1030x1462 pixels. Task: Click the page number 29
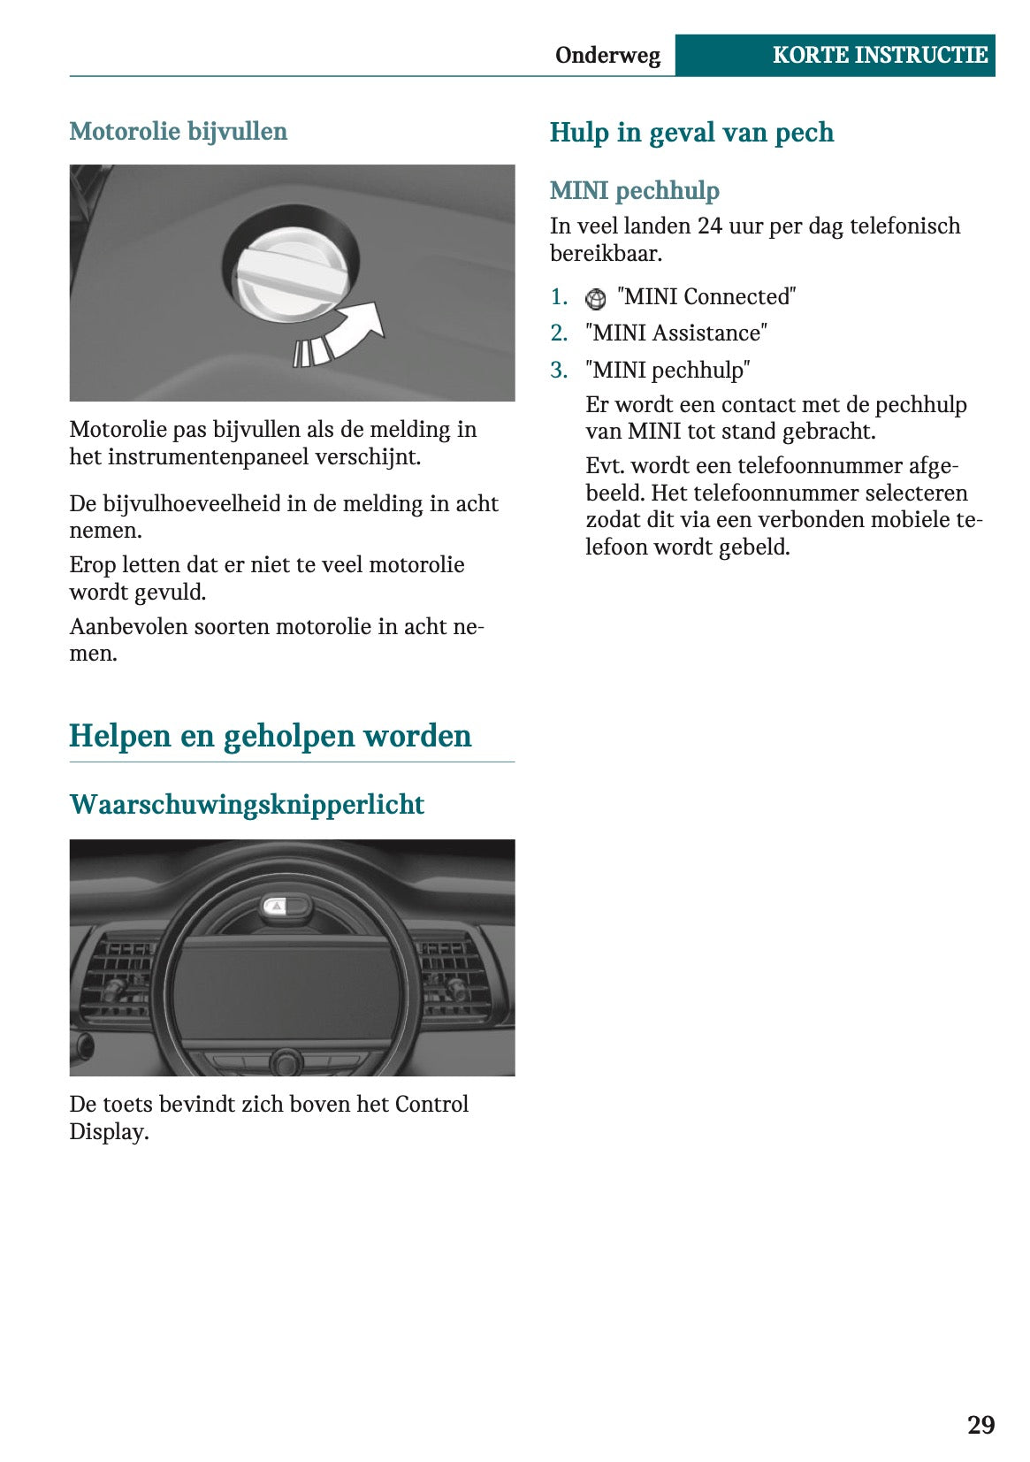[x=980, y=1424]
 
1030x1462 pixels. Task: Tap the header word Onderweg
[x=607, y=56]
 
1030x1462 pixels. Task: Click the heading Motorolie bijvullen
[x=179, y=132]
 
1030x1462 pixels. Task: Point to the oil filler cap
[x=290, y=274]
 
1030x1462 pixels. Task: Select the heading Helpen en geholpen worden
[x=271, y=736]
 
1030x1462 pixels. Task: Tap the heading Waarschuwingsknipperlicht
[x=247, y=804]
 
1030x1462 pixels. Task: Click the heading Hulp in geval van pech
[x=691, y=133]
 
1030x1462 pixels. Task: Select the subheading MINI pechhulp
[x=635, y=190]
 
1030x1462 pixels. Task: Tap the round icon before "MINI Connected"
[x=596, y=299]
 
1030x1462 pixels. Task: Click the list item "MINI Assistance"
[x=676, y=333]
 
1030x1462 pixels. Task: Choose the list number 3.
[x=559, y=370]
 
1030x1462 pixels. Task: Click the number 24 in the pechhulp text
[x=710, y=226]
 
